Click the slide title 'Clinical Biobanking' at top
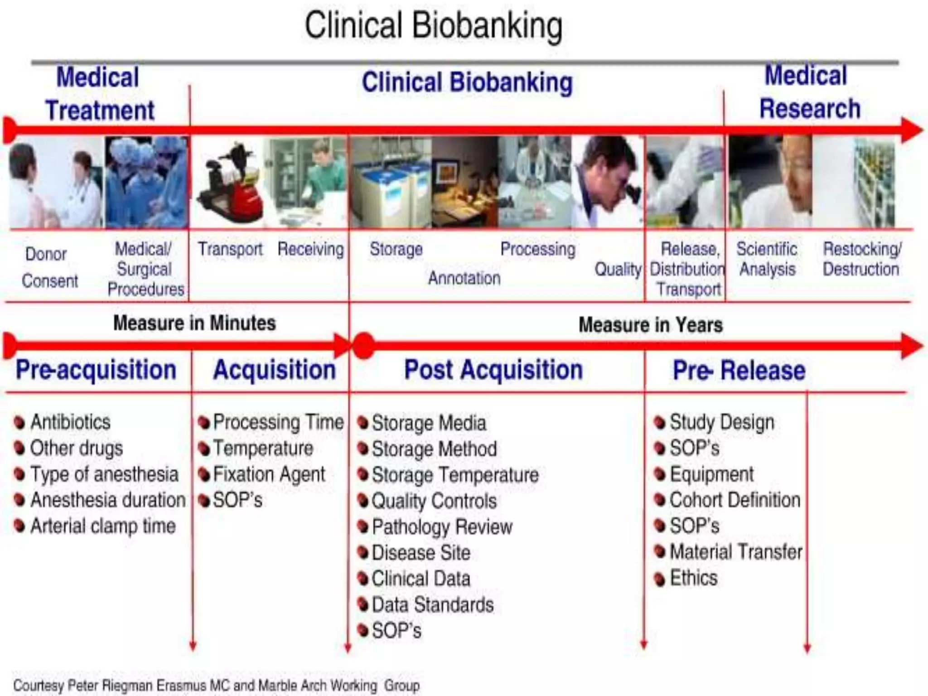pos(433,26)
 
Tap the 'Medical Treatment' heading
pos(99,94)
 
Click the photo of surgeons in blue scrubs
pos(146,182)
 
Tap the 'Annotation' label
pos(464,278)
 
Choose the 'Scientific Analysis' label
pos(767,259)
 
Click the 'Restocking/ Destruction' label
pos(861,259)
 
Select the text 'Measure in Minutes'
pos(194,323)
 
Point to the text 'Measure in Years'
pos(651,325)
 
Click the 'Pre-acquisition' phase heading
pos(96,370)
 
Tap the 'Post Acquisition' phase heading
pos(493,370)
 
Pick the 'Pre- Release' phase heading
pos(739,371)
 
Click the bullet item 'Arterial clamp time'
pos(103,526)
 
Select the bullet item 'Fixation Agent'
pos(269,474)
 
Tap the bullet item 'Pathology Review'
pos(442,527)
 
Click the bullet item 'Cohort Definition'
pos(735,500)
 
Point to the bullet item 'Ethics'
pos(693,578)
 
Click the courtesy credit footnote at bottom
pos(217,685)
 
